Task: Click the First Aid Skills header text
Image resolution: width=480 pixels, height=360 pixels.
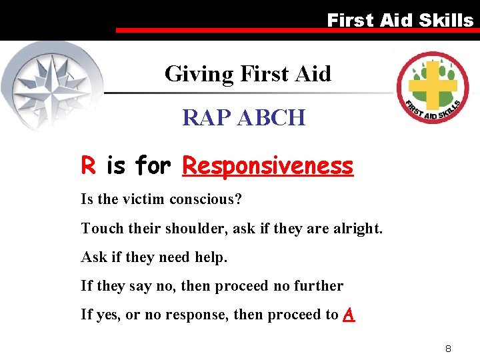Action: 400,20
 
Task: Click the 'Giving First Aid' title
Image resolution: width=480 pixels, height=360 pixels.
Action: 247,73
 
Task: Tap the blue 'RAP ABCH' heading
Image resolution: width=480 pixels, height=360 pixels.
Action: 244,118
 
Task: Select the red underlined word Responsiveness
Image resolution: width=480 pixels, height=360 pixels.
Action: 267,165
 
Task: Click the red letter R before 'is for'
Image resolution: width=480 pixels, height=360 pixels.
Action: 87,165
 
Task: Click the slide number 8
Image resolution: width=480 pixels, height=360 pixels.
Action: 449,349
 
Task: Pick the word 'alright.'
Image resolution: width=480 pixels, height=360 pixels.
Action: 356,229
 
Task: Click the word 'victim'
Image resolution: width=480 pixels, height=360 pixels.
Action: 146,199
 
